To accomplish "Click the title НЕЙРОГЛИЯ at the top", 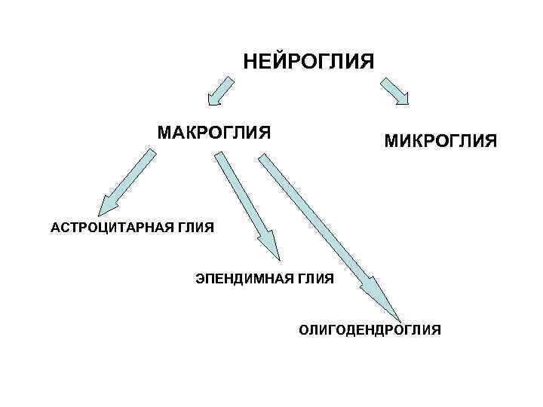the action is pos(308,60).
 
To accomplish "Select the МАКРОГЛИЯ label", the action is pos(214,133).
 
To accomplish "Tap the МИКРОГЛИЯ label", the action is pos(440,140).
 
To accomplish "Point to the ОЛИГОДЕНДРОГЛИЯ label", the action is pos(370,330).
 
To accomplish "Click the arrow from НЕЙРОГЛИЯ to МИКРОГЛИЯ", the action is pos(396,90).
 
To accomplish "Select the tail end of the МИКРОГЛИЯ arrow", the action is pos(384,79).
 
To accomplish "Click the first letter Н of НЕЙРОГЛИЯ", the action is pos(250,60).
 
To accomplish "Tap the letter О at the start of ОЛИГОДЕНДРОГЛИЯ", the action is pos(303,330).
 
